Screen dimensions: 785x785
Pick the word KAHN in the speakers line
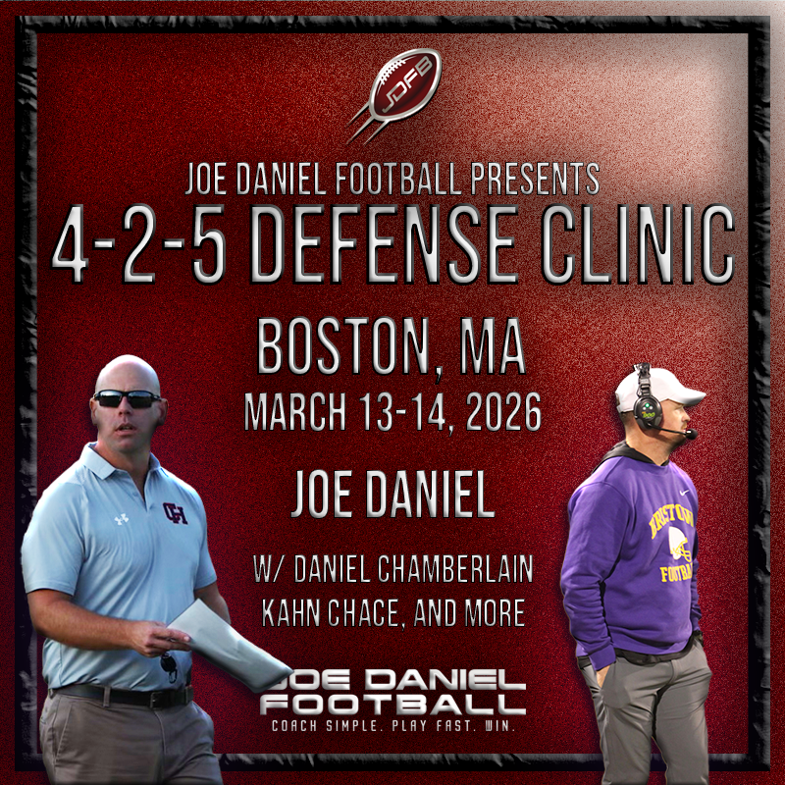294,613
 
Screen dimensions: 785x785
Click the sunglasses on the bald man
129,398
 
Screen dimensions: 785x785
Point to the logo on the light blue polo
176,512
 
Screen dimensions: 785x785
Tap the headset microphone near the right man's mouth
689,433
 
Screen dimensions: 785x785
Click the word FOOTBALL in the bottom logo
392,704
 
